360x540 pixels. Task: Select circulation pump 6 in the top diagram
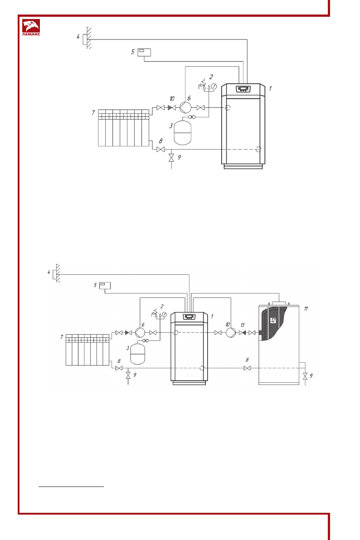pyautogui.click(x=185, y=107)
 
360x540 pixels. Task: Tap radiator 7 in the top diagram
pyautogui.click(x=123, y=127)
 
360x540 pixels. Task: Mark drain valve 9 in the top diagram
pyautogui.click(x=171, y=158)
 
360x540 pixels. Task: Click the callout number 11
pyautogui.click(x=306, y=309)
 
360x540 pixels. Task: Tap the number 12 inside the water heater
pyautogui.click(x=273, y=320)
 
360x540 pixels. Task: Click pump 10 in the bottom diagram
pyautogui.click(x=230, y=333)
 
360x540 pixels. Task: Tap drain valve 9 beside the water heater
pyautogui.click(x=305, y=375)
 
